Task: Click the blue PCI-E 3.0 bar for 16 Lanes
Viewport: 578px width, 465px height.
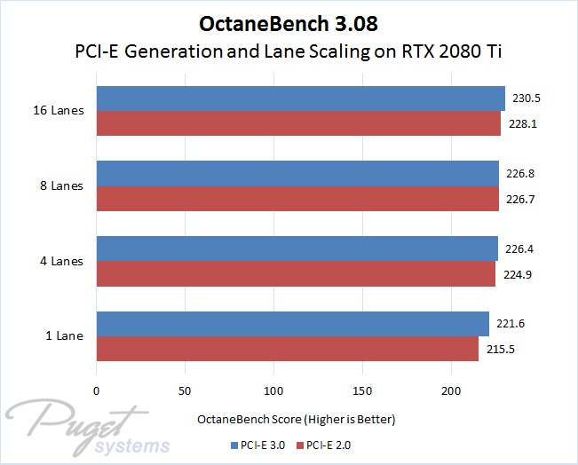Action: (x=300, y=99)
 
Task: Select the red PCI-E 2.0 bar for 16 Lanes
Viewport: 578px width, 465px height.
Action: (x=298, y=124)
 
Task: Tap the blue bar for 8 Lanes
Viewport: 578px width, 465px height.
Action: (x=297, y=174)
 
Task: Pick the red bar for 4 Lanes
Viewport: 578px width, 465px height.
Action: (x=296, y=274)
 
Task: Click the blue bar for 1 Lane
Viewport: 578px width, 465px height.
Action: (x=293, y=324)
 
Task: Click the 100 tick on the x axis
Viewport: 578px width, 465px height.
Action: (x=273, y=390)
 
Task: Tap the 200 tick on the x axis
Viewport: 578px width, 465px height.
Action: (x=451, y=390)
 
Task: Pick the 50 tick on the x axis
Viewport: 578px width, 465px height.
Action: (x=185, y=390)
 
